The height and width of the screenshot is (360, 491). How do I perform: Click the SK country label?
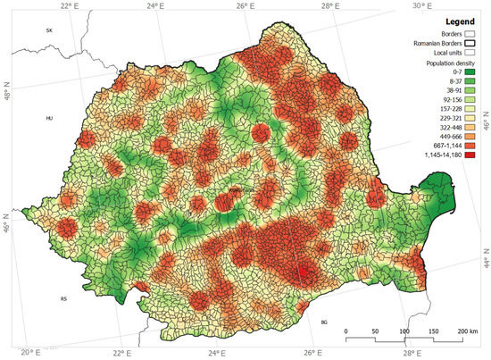pyautogui.click(x=50, y=29)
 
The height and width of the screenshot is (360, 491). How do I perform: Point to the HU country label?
pyautogui.click(x=50, y=118)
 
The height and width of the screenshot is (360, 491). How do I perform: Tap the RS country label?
pyautogui.click(x=63, y=298)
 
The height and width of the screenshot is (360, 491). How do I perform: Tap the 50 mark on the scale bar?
pyautogui.click(x=375, y=331)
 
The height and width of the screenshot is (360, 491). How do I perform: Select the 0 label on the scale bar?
pyautogui.click(x=346, y=331)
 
